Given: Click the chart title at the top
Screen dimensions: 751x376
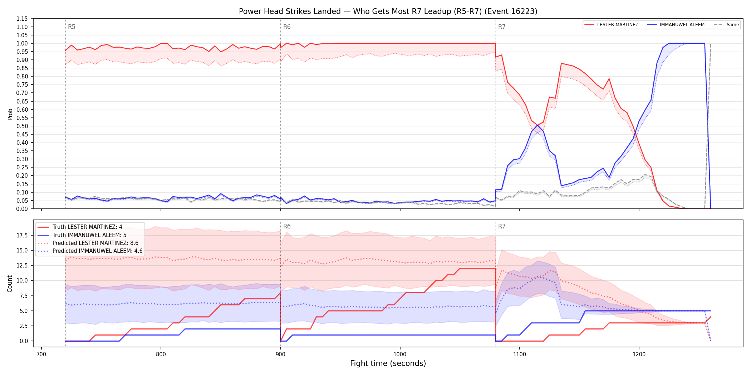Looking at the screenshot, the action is coord(388,11).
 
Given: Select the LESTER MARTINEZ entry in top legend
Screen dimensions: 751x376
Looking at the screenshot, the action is coord(611,25).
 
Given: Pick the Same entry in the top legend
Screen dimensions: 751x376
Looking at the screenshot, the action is coord(726,25).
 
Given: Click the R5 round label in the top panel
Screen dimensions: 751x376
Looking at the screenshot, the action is coord(72,27).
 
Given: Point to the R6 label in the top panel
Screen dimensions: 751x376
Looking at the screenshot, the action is coord(287,27).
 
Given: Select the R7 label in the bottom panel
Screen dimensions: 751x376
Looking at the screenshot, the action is coord(502,226).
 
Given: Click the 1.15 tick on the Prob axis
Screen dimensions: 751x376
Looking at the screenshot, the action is coord(22,19).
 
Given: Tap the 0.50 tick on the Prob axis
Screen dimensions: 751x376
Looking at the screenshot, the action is coord(22,126).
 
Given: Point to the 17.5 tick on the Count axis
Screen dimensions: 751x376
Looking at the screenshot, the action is coord(22,235).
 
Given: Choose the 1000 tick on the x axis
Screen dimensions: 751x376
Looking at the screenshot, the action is coord(400,355).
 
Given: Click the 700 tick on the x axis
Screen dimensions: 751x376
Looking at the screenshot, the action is coord(41,355).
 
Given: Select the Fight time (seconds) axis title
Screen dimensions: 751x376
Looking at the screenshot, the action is coord(388,363).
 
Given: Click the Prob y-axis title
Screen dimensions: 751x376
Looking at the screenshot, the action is coord(10,114).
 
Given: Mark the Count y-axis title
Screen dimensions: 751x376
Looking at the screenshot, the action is coord(10,284).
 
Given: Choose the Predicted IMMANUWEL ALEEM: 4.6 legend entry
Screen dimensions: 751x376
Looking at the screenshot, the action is coord(90,251).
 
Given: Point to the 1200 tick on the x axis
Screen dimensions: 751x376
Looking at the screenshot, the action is coord(639,355).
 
